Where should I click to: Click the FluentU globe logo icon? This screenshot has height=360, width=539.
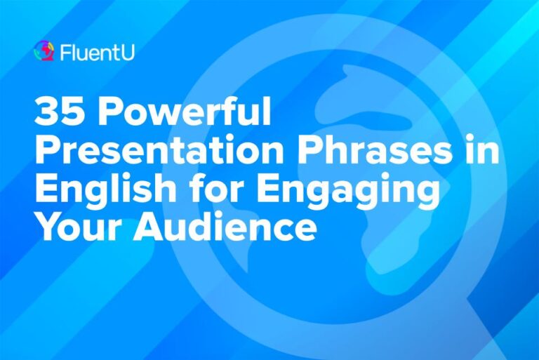point(44,51)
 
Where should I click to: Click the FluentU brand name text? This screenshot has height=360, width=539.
point(98,52)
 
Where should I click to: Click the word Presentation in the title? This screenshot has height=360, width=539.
point(159,150)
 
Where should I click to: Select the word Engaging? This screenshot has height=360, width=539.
point(348,190)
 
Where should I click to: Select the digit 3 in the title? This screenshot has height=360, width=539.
point(46,112)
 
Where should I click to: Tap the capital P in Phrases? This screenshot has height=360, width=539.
point(310,150)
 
